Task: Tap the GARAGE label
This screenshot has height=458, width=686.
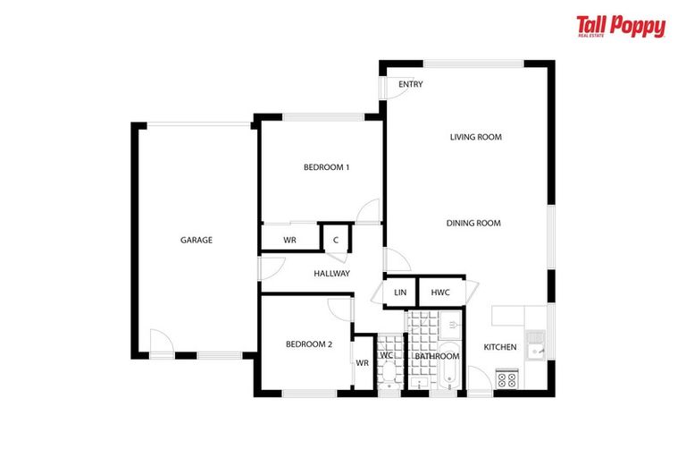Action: point(197,240)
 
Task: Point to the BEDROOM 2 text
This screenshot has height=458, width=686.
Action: point(309,344)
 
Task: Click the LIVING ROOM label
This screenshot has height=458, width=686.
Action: point(475,137)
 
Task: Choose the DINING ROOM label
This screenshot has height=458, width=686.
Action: point(473,224)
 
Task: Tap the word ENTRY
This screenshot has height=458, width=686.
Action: point(411,85)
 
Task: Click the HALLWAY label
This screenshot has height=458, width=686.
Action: point(331,274)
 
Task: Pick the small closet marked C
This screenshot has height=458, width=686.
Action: point(335,239)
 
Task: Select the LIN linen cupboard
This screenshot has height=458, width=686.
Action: point(400,293)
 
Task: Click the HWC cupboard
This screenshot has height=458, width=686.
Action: point(440,293)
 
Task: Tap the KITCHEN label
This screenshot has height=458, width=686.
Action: point(500,347)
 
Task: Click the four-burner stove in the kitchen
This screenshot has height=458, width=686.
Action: point(506,379)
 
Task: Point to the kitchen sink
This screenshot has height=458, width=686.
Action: point(536,342)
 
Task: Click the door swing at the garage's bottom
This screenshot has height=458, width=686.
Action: point(161,343)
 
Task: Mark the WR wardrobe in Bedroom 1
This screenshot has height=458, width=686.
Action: point(290,240)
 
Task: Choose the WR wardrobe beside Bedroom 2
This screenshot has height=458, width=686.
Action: point(363,363)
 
